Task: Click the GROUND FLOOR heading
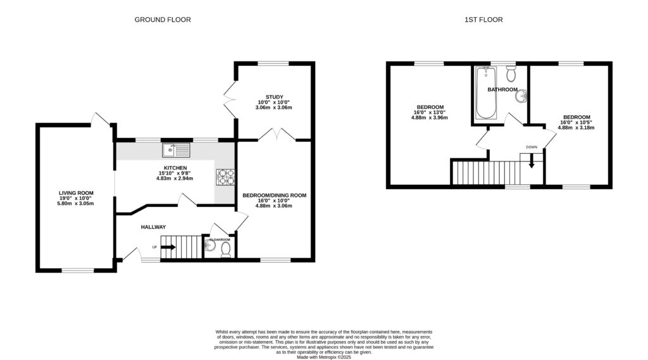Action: tap(162, 20)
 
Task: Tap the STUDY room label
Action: tap(274, 97)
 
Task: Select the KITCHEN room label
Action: tap(175, 168)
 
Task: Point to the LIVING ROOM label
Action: tap(76, 193)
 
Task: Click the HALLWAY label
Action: tap(153, 227)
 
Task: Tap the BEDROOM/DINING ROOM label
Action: tap(274, 196)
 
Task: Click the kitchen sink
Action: tap(176, 150)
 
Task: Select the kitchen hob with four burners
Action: tap(226, 178)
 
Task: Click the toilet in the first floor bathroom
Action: tap(513, 74)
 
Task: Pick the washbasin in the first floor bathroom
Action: tap(522, 97)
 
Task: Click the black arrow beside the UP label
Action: tap(168, 247)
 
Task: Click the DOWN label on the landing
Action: tap(531, 147)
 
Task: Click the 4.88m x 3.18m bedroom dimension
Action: tap(576, 127)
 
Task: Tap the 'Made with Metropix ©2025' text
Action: tap(324, 356)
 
